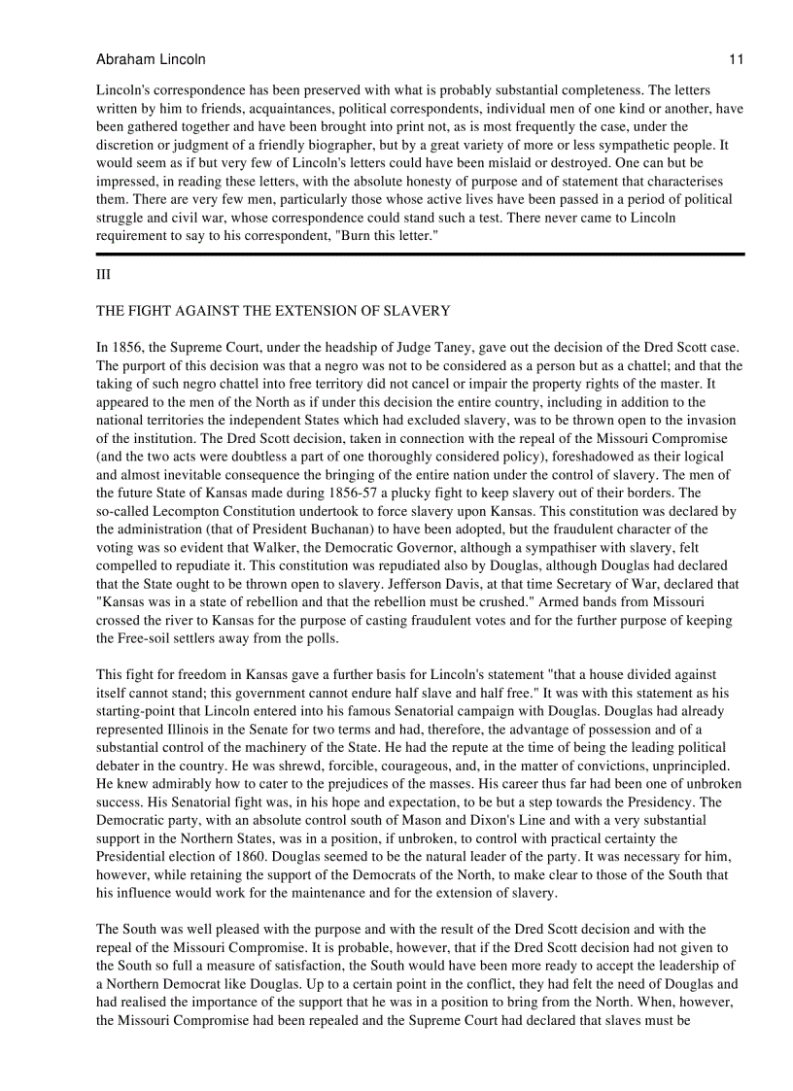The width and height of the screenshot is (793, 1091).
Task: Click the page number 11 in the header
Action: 736,59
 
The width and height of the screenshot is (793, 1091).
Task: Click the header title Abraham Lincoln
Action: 151,59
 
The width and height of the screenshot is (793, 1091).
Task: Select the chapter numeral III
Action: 103,275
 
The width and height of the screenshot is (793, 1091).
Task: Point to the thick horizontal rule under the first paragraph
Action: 420,254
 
